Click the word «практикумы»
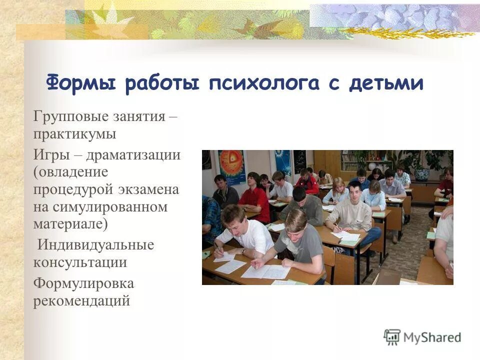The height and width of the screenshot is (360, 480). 75,135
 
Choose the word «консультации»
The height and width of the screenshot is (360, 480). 80,262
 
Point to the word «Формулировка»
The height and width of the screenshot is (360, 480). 83,283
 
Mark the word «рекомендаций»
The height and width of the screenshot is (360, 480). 81,301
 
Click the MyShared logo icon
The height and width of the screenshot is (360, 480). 392,337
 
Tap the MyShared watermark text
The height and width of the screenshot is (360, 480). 432,337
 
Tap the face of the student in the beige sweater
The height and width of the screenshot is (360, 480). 354,192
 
